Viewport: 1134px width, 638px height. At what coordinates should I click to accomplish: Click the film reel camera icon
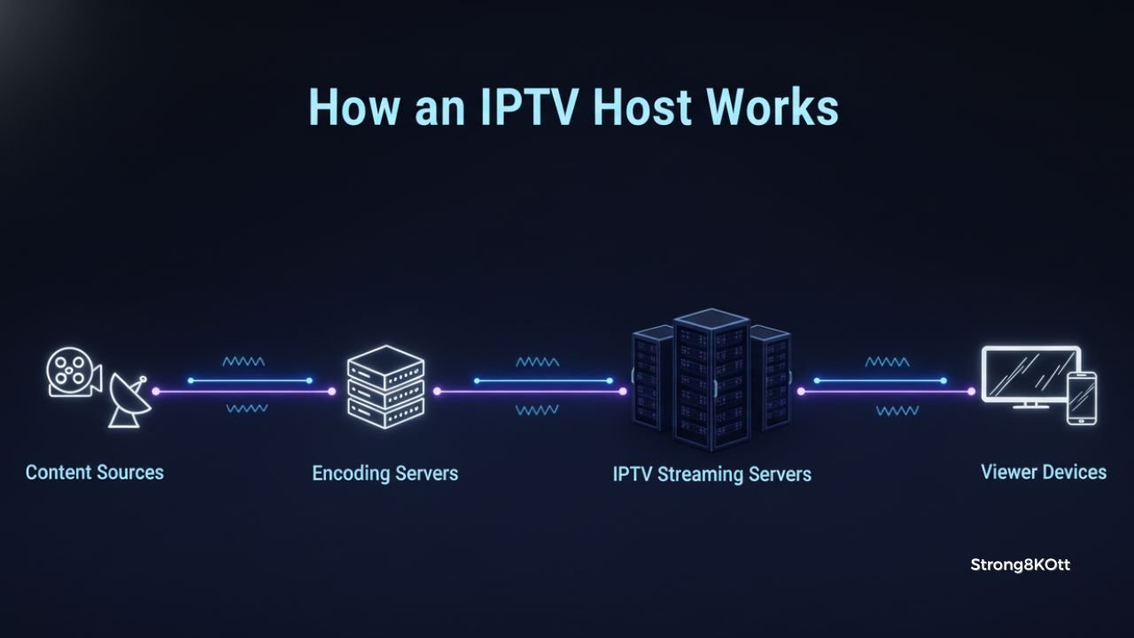point(71,372)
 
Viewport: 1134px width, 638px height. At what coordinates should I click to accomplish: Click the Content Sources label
point(95,472)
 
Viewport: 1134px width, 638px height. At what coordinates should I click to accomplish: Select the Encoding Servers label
point(384,473)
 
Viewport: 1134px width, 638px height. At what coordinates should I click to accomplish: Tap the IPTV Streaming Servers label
point(711,474)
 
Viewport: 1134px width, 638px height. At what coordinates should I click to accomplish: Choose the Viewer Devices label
point(1043,471)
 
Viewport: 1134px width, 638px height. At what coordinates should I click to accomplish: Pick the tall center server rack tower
point(711,379)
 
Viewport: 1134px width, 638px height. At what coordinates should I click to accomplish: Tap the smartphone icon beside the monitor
point(1081,398)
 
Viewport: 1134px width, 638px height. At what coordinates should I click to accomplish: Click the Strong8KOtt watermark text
point(1020,564)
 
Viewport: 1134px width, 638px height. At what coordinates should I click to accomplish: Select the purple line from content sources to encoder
point(244,391)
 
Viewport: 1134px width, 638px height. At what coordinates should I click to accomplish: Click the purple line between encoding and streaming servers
point(528,391)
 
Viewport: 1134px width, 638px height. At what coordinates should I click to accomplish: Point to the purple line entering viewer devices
point(886,391)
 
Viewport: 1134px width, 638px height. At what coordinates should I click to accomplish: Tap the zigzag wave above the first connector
point(244,362)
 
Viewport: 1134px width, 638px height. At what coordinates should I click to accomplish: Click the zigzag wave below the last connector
point(897,410)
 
